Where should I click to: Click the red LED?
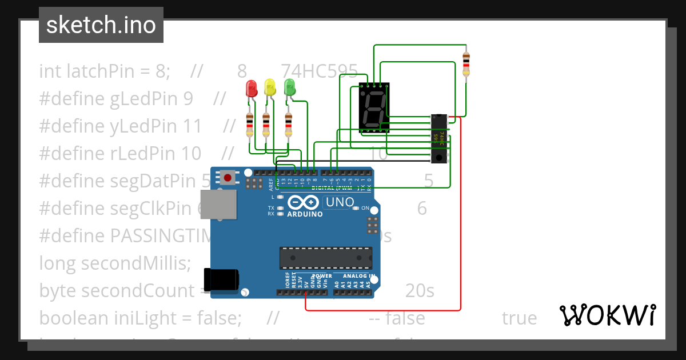(x=250, y=89)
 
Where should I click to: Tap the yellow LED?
(x=270, y=89)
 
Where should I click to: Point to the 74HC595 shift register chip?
(x=439, y=139)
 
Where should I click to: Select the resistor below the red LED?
(x=249, y=125)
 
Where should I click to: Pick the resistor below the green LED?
(x=288, y=125)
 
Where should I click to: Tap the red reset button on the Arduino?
(x=228, y=178)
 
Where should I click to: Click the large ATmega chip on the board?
(x=325, y=258)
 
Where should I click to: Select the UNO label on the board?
(x=340, y=202)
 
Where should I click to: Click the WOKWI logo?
(x=607, y=315)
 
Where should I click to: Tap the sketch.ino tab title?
(x=101, y=25)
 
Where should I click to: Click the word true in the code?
(x=519, y=318)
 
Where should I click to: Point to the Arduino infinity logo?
(x=304, y=202)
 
